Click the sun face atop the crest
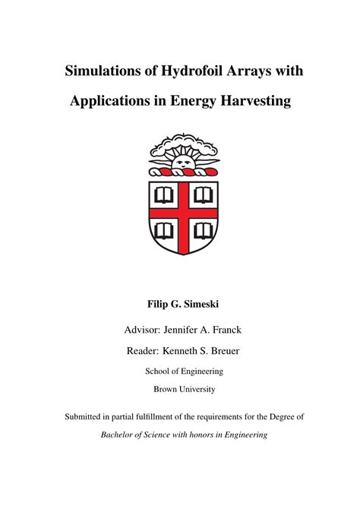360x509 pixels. click(x=181, y=161)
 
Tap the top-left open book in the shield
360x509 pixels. click(x=163, y=196)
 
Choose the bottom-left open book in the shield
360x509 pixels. click(x=163, y=229)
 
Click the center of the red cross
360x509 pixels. click(x=182, y=212)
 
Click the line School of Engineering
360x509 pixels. click(x=180, y=371)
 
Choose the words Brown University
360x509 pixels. click(x=180, y=390)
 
